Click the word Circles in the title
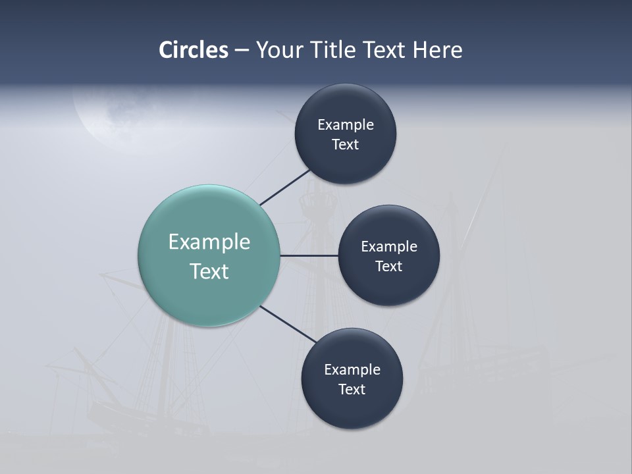point(193,50)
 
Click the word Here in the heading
point(437,50)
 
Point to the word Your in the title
point(280,50)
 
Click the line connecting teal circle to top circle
point(285,187)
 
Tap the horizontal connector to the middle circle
point(309,255)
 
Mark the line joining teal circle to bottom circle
point(288,325)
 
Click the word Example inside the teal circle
point(209,242)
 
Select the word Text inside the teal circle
point(209,271)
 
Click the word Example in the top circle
point(346,124)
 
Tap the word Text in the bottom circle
point(352,389)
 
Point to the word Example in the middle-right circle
point(389,246)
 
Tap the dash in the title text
point(242,50)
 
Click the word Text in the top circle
point(346,144)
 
